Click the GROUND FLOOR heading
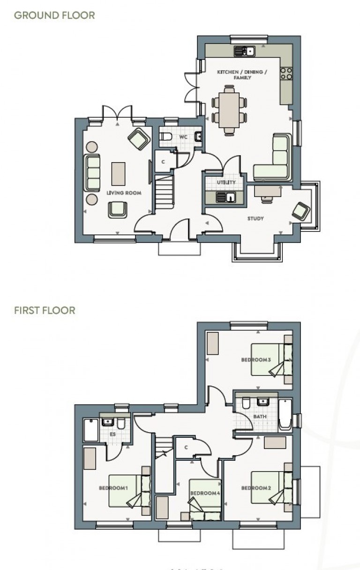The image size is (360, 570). tap(54, 15)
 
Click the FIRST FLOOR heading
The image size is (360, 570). tap(45, 310)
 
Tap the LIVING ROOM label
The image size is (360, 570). tap(124, 193)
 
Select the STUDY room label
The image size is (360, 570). tap(255, 218)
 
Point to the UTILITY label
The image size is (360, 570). tap(226, 182)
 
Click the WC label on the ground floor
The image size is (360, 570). tap(183, 137)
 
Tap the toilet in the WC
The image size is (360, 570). tap(165, 137)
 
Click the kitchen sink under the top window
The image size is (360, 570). tap(245, 51)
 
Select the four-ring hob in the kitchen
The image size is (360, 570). tap(286, 74)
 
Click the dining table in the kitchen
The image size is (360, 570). tap(229, 110)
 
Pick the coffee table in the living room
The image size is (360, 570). tap(118, 174)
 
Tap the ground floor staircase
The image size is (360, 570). tap(164, 191)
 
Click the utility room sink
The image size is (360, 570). tap(226, 197)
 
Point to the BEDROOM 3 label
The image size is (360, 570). tap(256, 360)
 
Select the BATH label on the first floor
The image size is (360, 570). tap(260, 417)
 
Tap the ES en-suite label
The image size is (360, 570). tap(113, 435)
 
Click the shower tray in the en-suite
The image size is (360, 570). tap(91, 430)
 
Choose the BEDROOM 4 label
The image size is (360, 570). tap(205, 493)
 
